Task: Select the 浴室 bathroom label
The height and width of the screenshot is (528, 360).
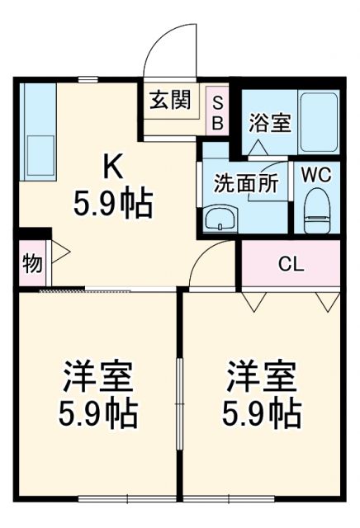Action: (x=269, y=123)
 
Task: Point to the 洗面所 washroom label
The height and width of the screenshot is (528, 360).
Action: (x=246, y=182)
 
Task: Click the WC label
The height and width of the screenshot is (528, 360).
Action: (x=317, y=175)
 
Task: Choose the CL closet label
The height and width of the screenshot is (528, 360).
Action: (x=291, y=264)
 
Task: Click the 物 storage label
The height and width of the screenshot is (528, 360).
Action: (x=31, y=264)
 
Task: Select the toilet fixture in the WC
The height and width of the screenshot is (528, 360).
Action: (x=317, y=212)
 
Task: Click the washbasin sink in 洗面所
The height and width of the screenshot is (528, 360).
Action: (x=220, y=219)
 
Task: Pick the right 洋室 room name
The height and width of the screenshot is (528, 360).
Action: (x=262, y=379)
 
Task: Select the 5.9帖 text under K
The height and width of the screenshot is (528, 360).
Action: (x=113, y=203)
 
